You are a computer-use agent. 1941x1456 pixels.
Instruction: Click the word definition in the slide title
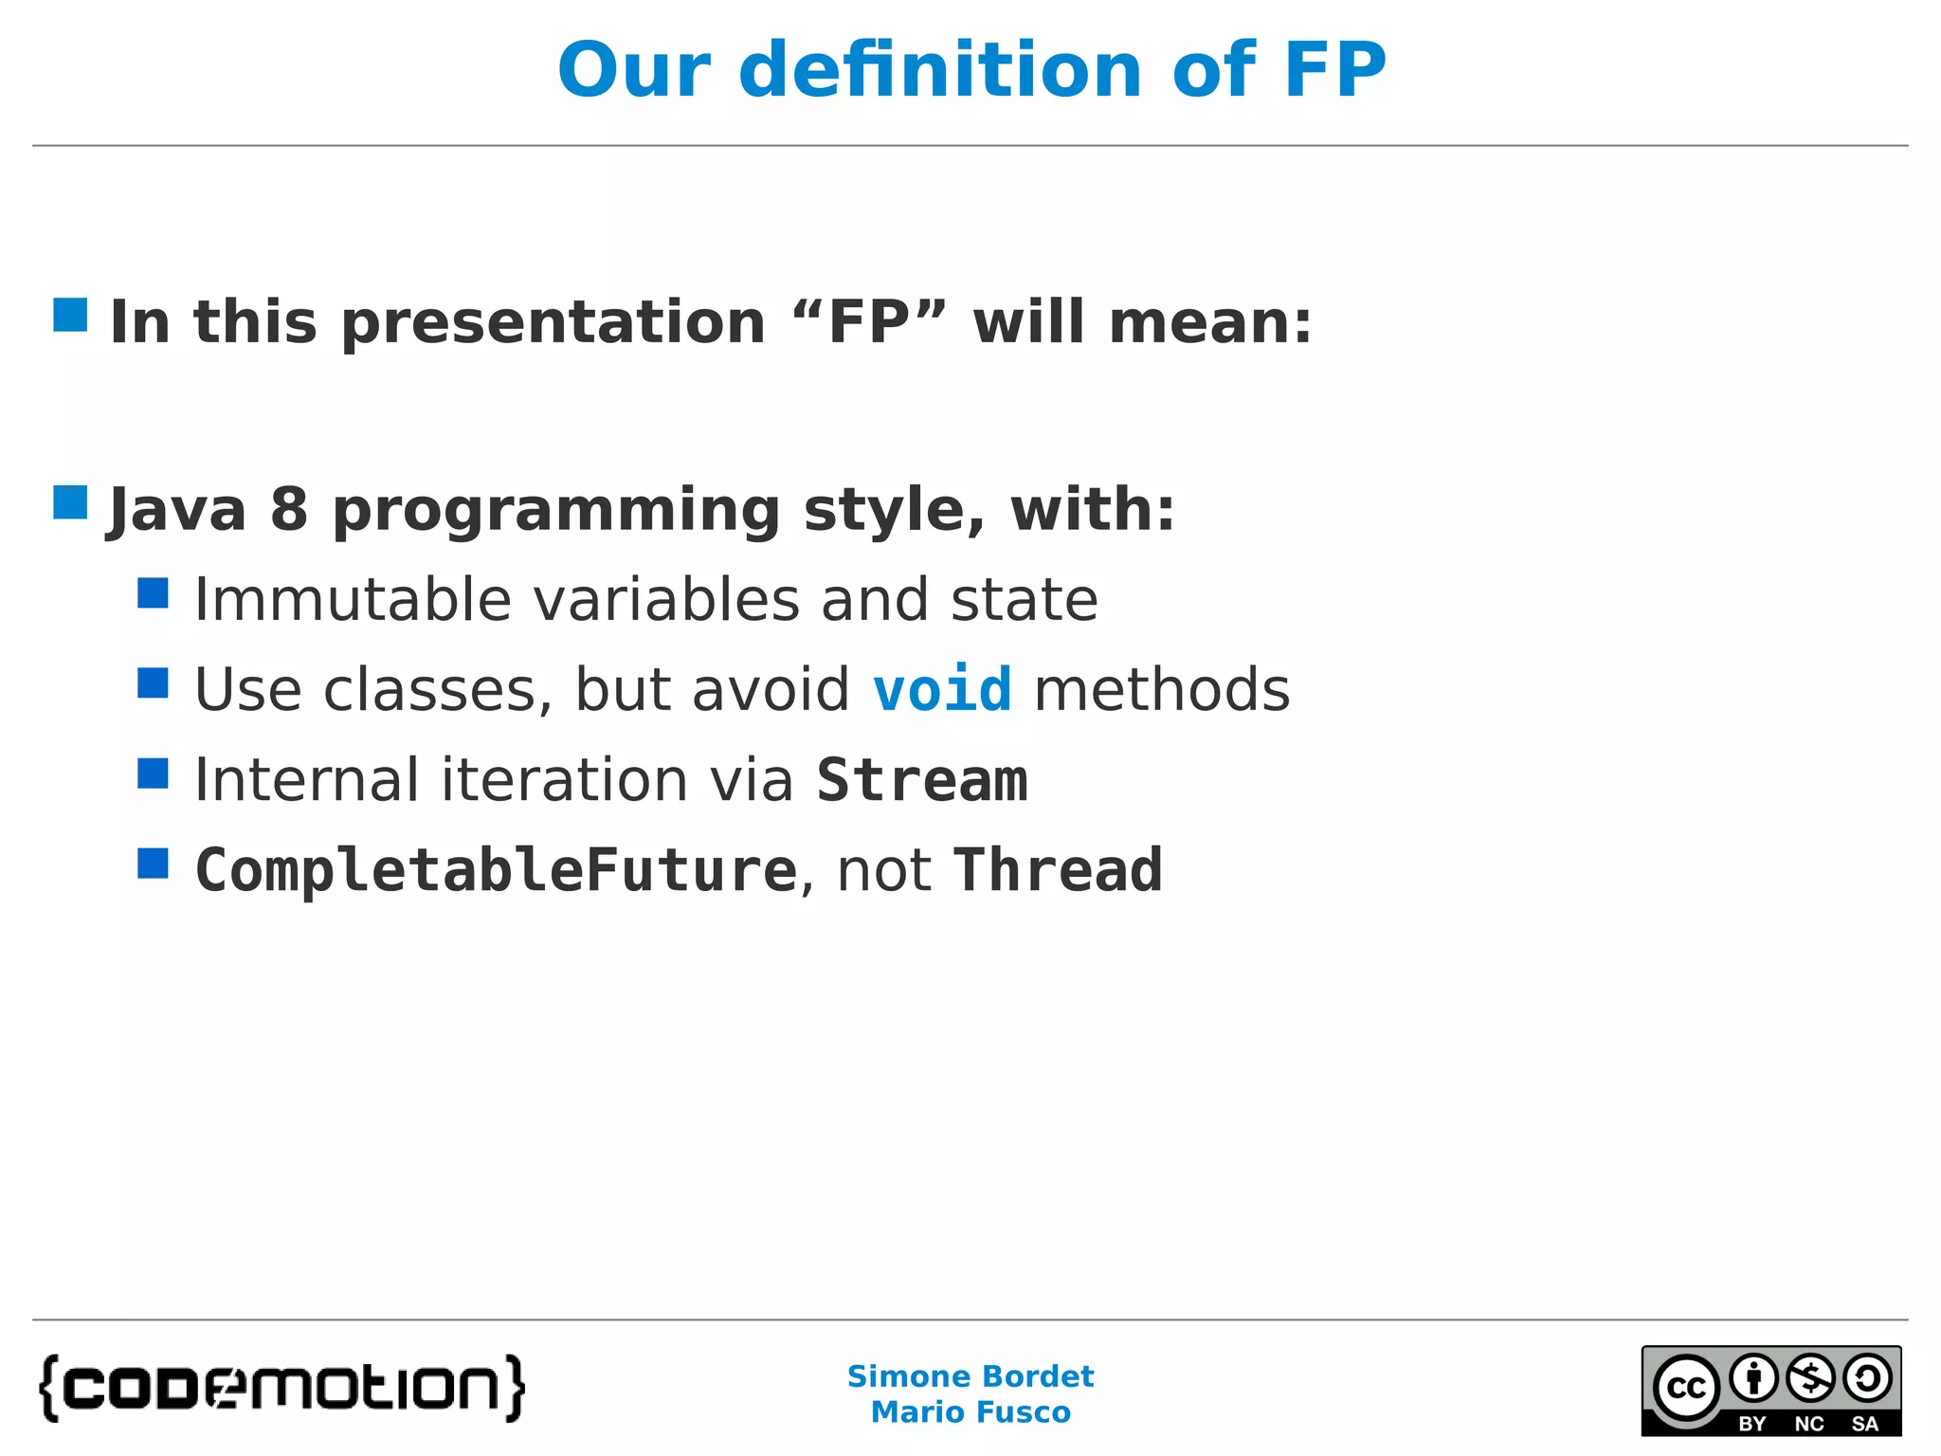click(x=940, y=70)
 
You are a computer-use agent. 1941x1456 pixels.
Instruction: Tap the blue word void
click(x=941, y=689)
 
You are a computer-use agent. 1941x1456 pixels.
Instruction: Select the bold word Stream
click(x=921, y=780)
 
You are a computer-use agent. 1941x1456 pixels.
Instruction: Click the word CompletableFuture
click(x=496, y=870)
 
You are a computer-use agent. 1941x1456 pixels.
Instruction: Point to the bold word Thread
click(x=1058, y=870)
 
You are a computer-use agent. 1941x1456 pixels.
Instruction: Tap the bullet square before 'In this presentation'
click(x=70, y=315)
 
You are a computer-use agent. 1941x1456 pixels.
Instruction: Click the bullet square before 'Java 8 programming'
click(x=70, y=502)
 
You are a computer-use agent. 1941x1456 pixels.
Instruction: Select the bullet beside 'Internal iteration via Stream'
click(x=153, y=773)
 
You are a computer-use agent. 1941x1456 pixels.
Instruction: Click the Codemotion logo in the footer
click(x=281, y=1389)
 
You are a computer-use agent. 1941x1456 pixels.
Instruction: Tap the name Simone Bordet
click(x=970, y=1375)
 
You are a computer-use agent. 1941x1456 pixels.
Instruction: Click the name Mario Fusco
click(x=970, y=1412)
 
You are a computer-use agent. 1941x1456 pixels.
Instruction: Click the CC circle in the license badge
click(x=1686, y=1388)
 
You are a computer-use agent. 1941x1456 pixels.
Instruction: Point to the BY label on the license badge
click(x=1751, y=1424)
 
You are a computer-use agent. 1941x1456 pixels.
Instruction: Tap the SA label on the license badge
click(x=1864, y=1424)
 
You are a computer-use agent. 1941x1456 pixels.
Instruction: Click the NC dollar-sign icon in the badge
click(x=1810, y=1378)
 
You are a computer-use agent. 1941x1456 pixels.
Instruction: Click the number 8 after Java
click(x=289, y=510)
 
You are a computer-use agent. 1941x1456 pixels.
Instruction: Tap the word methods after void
click(x=1162, y=689)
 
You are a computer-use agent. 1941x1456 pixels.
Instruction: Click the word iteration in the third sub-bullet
click(x=563, y=780)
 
